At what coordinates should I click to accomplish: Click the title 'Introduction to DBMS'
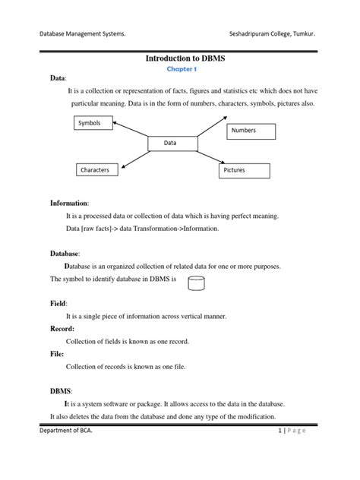[x=181, y=58]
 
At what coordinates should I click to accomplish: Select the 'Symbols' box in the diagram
[x=90, y=122]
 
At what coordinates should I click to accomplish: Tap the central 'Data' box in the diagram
[x=172, y=142]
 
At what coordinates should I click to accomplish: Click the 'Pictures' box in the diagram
[x=243, y=171]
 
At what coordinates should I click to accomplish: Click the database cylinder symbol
[x=197, y=284]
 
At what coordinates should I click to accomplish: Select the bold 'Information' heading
[x=69, y=204]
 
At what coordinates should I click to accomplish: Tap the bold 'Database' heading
[x=65, y=253]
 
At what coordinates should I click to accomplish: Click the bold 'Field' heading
[x=58, y=303]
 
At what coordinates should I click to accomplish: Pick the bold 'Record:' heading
[x=62, y=329]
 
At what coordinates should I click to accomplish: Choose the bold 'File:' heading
[x=57, y=354]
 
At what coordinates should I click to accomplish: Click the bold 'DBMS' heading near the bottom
[x=61, y=390]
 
